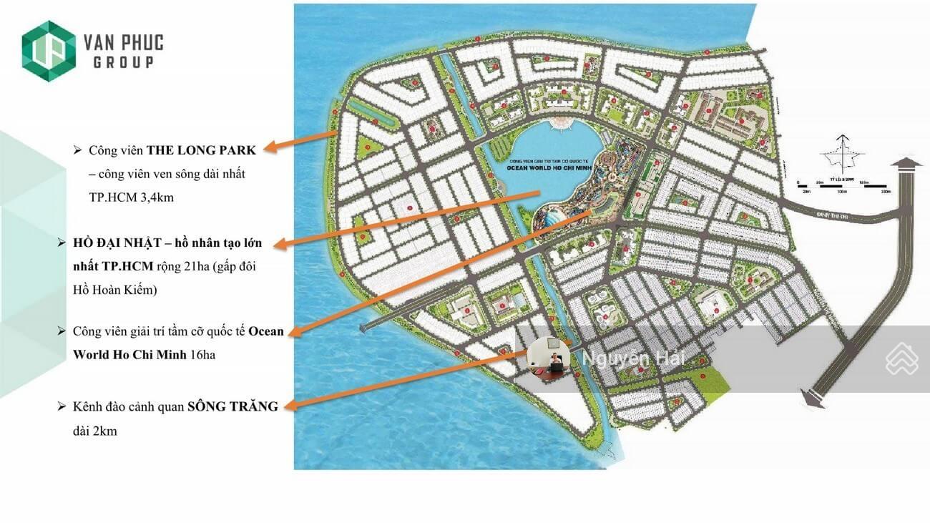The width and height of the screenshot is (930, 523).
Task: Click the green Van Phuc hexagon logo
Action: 49,51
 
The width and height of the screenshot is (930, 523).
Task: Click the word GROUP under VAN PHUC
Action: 123,63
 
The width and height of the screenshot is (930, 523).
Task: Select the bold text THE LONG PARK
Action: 201,150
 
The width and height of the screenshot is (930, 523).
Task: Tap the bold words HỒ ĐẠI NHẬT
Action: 114,243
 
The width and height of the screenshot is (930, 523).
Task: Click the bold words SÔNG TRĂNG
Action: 232,406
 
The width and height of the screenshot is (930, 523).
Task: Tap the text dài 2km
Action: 94,431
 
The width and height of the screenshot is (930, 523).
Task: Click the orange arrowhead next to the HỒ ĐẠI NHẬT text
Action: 281,245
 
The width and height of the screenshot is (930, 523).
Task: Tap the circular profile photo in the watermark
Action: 549,358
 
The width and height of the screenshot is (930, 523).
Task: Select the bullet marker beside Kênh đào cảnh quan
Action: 62,406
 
